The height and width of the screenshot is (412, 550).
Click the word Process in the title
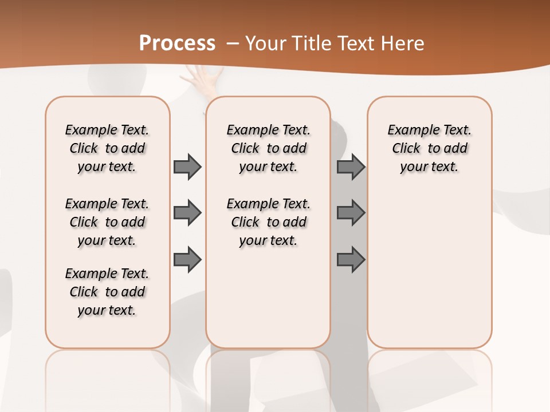pos(177,43)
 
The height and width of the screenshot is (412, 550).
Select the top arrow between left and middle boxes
pos(187,167)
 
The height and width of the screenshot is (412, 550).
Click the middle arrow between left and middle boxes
pos(187,213)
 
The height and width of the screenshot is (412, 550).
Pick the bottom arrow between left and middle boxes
pos(187,260)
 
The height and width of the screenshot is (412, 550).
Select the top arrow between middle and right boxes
pos(351,167)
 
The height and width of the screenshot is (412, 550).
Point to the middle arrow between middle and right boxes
pos(351,213)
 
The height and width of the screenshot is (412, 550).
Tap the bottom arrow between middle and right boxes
pos(351,260)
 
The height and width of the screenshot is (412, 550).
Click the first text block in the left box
pos(107,148)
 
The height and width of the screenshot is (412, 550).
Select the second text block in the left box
pos(107,222)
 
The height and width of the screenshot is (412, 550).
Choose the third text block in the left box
pos(107,292)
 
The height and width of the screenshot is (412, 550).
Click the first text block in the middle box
pos(269,148)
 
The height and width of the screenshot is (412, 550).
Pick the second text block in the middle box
pos(269,222)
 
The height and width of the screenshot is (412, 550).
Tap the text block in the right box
pos(430,148)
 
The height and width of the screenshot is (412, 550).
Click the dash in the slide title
pos(233,43)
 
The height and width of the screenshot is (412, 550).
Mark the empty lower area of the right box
pos(430,269)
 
